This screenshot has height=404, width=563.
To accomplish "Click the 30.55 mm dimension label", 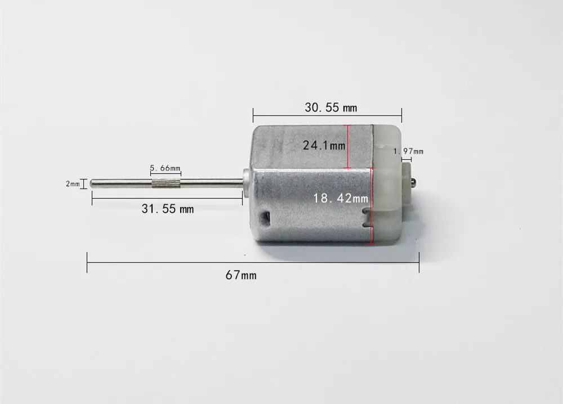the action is tap(330, 107).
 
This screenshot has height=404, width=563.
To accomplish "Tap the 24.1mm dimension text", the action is tap(324, 145).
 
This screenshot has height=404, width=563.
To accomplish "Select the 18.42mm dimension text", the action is tap(341, 198).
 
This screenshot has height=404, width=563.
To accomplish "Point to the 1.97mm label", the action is tap(408, 151).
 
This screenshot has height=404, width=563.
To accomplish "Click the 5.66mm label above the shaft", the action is tap(165, 168).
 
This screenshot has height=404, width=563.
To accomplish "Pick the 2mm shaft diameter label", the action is tap(73, 183).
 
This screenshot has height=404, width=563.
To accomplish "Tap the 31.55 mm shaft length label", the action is tap(167, 209).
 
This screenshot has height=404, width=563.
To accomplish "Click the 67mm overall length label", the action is tap(241, 275).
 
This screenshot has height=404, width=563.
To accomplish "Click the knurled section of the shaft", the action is tap(165, 183).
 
